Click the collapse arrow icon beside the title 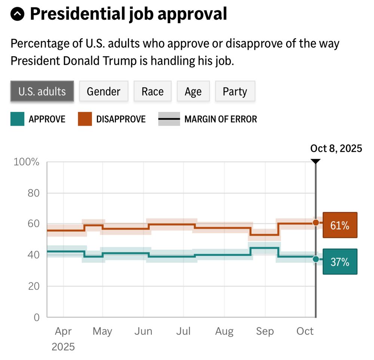click(x=18, y=15)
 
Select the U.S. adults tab click(x=42, y=91)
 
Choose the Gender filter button click(x=104, y=91)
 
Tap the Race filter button click(x=153, y=91)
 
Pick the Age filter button click(x=193, y=91)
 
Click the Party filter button click(x=235, y=91)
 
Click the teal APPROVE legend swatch click(x=17, y=119)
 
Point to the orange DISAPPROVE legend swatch click(x=85, y=119)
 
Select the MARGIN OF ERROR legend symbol click(x=169, y=119)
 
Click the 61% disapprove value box click(x=340, y=225)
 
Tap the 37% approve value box click(x=340, y=262)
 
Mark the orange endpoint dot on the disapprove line click(x=316, y=223)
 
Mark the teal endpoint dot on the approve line click(x=316, y=259)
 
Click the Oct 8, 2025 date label click(x=336, y=149)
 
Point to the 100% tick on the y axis click(x=26, y=162)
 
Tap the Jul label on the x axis click(x=184, y=331)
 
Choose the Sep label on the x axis click(x=265, y=331)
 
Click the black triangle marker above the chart click(x=316, y=161)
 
